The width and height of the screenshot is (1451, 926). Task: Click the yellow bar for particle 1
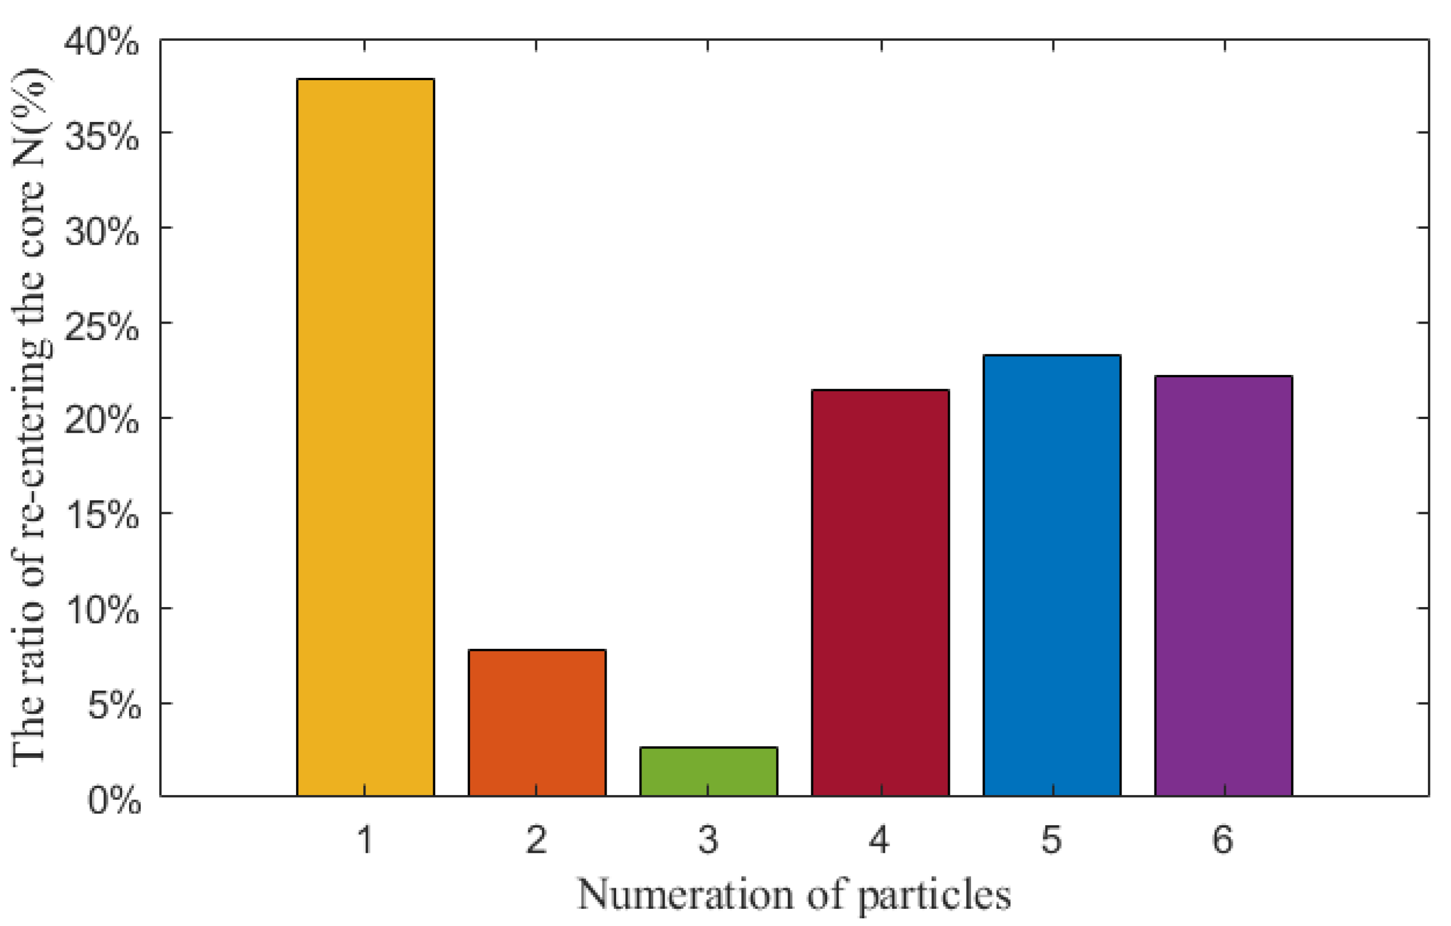[x=365, y=437]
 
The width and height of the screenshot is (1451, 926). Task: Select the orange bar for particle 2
[x=537, y=723]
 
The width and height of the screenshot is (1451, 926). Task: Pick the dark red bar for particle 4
[x=880, y=593]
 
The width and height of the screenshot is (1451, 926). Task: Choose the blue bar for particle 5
[x=1052, y=575]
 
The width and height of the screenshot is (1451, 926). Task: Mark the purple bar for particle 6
[x=1224, y=586]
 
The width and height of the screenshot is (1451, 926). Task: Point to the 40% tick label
[x=101, y=43]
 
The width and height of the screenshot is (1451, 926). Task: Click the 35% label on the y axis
[x=101, y=137]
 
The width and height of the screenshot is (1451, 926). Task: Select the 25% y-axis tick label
[x=101, y=327]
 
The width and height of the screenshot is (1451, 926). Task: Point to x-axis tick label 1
[x=365, y=839]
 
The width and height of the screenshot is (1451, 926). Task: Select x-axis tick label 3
[x=709, y=839]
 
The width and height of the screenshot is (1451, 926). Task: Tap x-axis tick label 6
[x=1223, y=839]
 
